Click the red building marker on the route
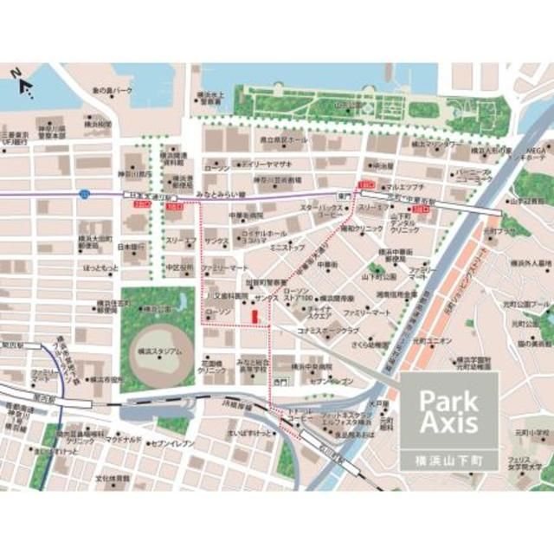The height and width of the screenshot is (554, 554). click(254, 318)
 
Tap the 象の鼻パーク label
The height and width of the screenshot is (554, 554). click(113, 90)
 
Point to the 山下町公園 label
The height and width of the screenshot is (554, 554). click(379, 276)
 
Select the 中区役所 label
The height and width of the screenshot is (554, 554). click(177, 267)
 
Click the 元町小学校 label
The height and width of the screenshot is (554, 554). click(530, 431)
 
